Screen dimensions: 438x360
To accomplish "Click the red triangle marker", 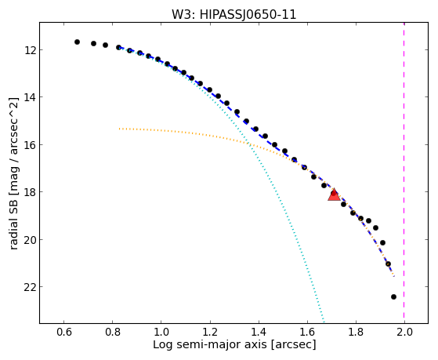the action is (334, 195).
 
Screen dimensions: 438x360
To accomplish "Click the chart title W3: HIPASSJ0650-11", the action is (233, 14).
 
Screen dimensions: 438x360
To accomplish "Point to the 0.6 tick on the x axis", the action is (64, 332).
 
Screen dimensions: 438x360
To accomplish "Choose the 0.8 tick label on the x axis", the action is (113, 332).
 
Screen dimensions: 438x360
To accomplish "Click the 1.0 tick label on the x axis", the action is (161, 332).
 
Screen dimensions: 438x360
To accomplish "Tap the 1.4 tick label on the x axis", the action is (259, 332).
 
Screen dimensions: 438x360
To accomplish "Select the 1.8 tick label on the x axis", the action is (356, 332).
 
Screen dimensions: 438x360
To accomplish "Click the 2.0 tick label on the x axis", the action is (404, 332).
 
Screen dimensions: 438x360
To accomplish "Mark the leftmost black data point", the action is (77, 42).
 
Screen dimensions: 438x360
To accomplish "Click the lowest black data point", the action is (393, 296).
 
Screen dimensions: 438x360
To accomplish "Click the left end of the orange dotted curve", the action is (120, 129).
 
